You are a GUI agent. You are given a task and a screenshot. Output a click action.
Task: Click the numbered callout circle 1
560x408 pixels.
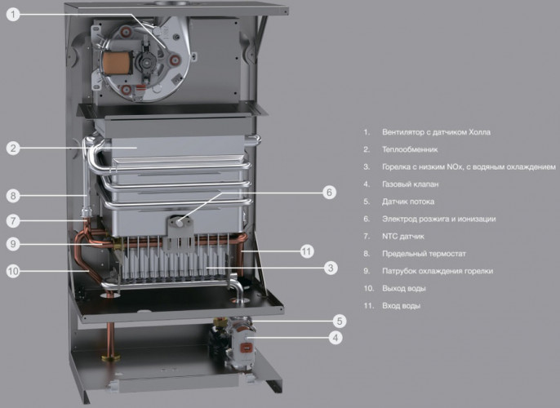[x=13, y=14]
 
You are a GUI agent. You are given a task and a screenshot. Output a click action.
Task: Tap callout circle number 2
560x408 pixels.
[x=13, y=148]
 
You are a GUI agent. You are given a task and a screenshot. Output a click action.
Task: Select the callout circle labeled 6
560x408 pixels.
[x=329, y=193]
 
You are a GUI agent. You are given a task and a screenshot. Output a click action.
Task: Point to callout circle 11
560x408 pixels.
[x=306, y=251]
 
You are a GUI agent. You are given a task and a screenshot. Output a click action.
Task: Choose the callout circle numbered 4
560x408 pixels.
[x=336, y=337]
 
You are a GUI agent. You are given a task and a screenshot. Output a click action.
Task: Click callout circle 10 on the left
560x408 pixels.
[x=13, y=271]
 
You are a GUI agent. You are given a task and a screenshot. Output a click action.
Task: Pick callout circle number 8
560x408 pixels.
[x=13, y=196]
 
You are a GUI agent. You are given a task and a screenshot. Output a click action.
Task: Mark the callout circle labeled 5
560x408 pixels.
[x=340, y=321]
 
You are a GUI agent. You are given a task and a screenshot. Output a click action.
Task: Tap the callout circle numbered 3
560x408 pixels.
[x=331, y=268]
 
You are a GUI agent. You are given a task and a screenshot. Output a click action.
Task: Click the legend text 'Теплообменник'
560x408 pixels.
[x=410, y=149]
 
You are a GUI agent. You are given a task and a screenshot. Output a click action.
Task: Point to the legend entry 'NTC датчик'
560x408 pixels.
[x=403, y=237]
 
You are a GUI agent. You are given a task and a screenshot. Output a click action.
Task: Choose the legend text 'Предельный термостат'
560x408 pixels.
[x=424, y=254]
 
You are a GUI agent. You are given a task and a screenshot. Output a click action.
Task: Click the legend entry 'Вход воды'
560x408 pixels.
[x=401, y=306]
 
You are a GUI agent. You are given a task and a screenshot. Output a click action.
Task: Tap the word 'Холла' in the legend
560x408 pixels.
[x=480, y=132]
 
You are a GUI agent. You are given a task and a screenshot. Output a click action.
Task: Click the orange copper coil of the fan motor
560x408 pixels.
[x=113, y=63]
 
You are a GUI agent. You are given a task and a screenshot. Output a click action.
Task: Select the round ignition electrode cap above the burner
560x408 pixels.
[x=179, y=223]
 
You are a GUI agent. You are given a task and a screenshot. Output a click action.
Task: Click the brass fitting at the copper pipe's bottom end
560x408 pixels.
[x=111, y=357]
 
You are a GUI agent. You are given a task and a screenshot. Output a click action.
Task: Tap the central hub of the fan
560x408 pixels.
[x=147, y=62]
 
